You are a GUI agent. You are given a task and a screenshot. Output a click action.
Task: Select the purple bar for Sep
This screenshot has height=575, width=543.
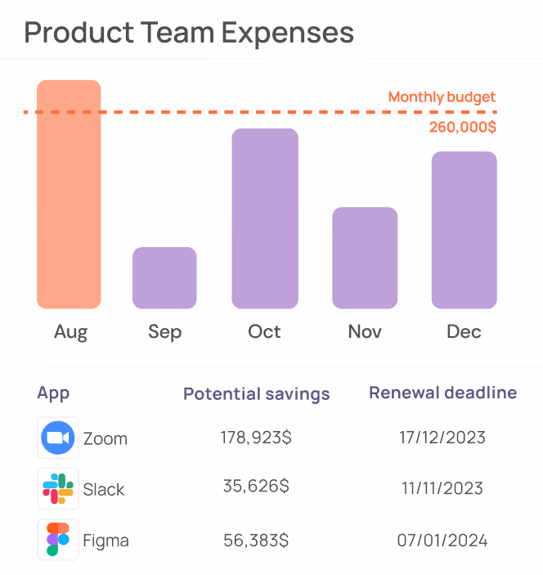164,277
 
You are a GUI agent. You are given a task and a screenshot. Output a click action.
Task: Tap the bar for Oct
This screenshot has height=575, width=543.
265,218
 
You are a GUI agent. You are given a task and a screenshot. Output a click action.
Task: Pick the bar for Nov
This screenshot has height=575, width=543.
365,258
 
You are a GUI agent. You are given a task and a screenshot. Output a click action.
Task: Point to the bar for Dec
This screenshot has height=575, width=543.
464,230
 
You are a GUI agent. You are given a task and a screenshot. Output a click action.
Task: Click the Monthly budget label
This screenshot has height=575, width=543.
442,97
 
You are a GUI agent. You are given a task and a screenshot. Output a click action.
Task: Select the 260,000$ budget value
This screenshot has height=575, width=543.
462,128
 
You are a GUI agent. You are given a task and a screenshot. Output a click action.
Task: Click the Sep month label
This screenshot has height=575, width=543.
164,332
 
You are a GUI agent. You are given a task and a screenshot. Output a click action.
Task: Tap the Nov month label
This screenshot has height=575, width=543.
365,332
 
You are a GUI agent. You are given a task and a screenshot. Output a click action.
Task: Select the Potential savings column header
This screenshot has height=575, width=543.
256,394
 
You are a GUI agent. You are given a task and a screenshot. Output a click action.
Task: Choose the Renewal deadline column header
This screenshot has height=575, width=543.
442,393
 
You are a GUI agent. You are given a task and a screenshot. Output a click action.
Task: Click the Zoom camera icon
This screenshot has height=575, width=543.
58,438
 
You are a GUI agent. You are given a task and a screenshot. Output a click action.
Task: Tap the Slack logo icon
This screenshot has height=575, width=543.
58,489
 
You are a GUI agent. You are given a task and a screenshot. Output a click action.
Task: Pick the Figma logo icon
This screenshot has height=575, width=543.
58,540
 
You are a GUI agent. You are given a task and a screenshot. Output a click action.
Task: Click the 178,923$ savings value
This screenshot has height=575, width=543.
256,438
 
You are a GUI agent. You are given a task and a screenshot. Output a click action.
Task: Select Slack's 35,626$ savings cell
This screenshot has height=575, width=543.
256,487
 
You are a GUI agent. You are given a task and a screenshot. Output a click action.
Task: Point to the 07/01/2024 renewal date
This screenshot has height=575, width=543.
443,540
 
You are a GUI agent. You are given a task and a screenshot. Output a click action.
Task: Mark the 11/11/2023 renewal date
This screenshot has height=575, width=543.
442,489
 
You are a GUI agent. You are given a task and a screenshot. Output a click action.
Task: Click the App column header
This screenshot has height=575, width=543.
53,393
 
